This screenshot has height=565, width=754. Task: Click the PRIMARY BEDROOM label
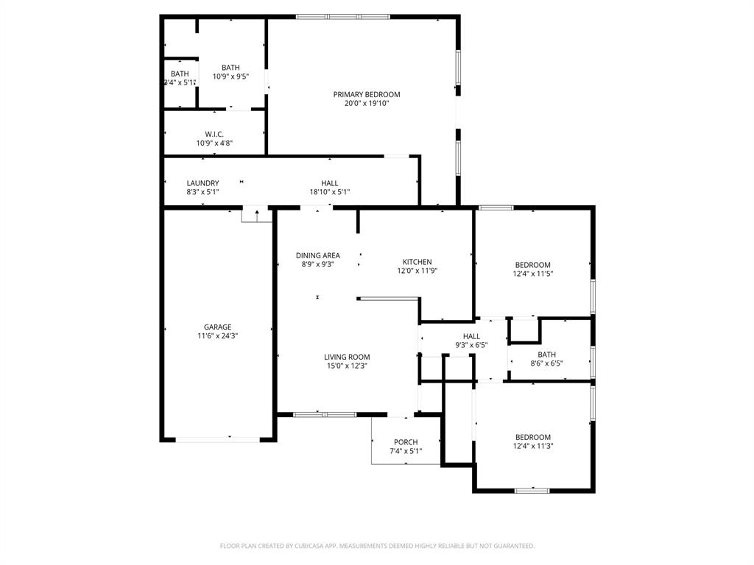(366, 94)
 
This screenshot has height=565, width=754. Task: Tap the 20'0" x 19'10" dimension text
(366, 104)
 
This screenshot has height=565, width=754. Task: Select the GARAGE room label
(217, 327)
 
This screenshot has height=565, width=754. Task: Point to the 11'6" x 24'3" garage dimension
(217, 336)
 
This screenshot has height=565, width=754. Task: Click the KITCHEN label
(417, 262)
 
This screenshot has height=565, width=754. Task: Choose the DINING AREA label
(317, 255)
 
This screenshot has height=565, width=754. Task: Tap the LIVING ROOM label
(347, 358)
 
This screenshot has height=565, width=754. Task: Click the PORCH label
(405, 442)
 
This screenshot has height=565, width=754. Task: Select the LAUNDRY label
(202, 183)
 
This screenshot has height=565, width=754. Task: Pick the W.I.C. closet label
(214, 134)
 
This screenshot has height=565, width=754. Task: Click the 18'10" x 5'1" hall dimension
(329, 192)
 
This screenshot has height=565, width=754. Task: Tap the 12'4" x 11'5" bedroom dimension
(532, 274)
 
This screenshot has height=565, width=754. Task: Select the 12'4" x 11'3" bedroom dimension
(532, 446)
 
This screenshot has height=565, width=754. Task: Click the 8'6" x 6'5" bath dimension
(546, 363)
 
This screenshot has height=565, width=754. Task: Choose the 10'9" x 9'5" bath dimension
(230, 77)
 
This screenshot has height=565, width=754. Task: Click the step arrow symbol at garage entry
(257, 214)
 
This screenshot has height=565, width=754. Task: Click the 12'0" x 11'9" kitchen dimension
(417, 271)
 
